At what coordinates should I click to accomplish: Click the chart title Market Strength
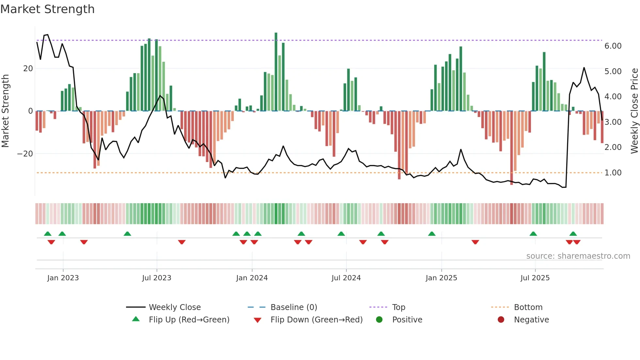point(47,9)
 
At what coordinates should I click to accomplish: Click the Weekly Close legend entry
point(175,307)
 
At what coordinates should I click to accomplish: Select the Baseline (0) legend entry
point(294,307)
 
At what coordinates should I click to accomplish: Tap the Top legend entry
point(398,307)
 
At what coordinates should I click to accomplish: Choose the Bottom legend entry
point(528,307)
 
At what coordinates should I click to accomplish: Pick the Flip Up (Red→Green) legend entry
point(189,319)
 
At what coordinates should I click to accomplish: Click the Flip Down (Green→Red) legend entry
point(316,319)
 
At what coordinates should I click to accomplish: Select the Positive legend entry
point(407,319)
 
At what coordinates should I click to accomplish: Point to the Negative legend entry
point(531,319)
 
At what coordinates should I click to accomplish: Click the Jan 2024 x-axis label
point(252,278)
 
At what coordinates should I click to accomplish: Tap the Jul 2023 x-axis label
point(156,278)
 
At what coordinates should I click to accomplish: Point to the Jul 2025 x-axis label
point(535,278)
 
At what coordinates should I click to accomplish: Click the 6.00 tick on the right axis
point(613,46)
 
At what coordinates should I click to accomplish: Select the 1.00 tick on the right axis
point(613,172)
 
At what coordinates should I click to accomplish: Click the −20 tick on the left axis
point(25,154)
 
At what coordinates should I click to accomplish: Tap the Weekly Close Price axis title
point(634,111)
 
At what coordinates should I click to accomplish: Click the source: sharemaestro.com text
point(578,256)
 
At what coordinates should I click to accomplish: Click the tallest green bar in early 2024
point(276,72)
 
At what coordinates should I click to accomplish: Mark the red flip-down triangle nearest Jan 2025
point(475,242)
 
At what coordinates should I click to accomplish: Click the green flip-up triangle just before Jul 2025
point(533,234)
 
